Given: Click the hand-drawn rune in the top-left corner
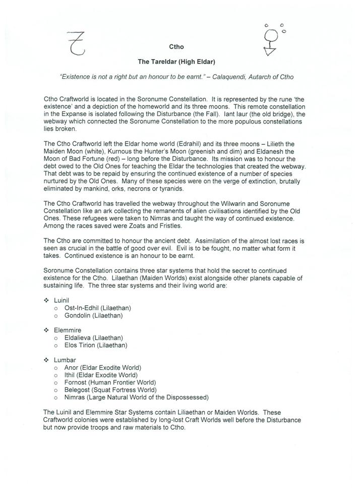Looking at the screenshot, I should [77, 42].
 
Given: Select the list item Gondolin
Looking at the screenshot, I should [78, 315].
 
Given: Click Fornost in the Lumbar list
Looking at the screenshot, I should [76, 382].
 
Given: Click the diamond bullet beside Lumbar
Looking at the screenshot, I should [46, 360].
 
